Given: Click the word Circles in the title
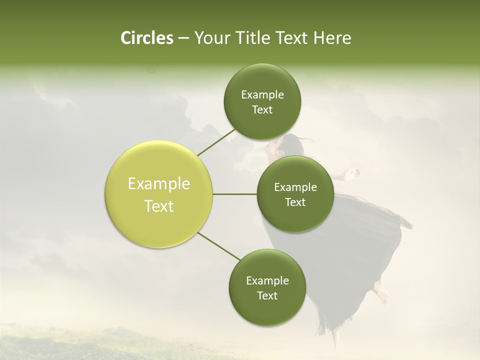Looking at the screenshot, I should [146, 38].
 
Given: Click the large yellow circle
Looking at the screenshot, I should [159, 194].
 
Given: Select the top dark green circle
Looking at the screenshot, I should [262, 101].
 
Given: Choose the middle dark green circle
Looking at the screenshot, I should [295, 194].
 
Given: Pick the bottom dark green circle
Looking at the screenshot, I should [267, 287].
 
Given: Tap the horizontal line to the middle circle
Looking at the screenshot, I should [235, 194].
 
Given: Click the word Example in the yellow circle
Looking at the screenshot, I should [159, 184].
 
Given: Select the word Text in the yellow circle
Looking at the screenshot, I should [159, 206].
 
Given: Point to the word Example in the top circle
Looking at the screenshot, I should [262, 95].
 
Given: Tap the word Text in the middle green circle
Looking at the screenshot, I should [295, 202].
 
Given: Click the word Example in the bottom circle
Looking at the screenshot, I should [267, 280].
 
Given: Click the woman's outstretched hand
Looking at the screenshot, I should [354, 173].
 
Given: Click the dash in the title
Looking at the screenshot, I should [183, 38].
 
